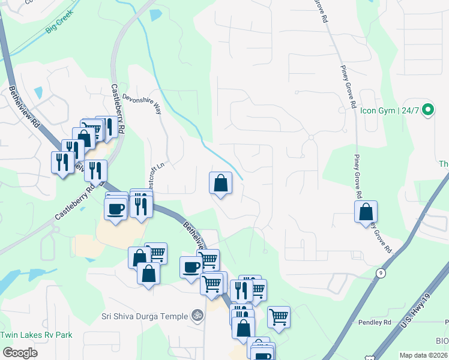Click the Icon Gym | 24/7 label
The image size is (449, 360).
(x=390, y=110)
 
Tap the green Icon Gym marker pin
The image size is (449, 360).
(x=427, y=110)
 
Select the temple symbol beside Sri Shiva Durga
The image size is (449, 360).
(x=196, y=315)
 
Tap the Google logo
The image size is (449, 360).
(x=20, y=353)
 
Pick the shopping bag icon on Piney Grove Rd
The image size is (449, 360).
(x=366, y=212)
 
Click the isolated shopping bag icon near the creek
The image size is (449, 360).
(x=221, y=184)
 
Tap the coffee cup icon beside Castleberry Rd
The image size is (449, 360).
(x=116, y=208)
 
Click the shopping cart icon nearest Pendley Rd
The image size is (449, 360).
(x=279, y=316)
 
